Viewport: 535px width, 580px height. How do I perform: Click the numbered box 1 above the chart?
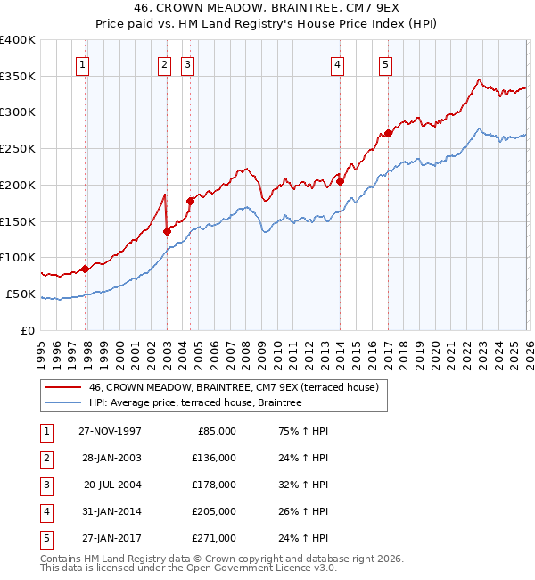click(82, 63)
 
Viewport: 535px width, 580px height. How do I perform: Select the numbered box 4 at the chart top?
click(338, 63)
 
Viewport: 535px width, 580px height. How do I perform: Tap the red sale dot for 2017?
click(388, 134)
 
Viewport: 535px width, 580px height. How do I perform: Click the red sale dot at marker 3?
click(190, 201)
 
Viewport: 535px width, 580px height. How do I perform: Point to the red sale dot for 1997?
click(86, 269)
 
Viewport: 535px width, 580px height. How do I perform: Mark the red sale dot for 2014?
click(341, 181)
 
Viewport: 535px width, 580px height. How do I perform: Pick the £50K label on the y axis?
click(21, 294)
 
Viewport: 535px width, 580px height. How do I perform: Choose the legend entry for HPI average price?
click(195, 403)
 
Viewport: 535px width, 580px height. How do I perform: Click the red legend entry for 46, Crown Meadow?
click(234, 387)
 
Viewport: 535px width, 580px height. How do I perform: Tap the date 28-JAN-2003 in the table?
click(110, 459)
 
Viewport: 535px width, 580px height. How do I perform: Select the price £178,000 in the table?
click(214, 485)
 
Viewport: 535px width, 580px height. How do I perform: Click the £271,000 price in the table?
click(214, 538)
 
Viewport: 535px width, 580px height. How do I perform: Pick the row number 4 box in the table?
click(44, 511)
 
